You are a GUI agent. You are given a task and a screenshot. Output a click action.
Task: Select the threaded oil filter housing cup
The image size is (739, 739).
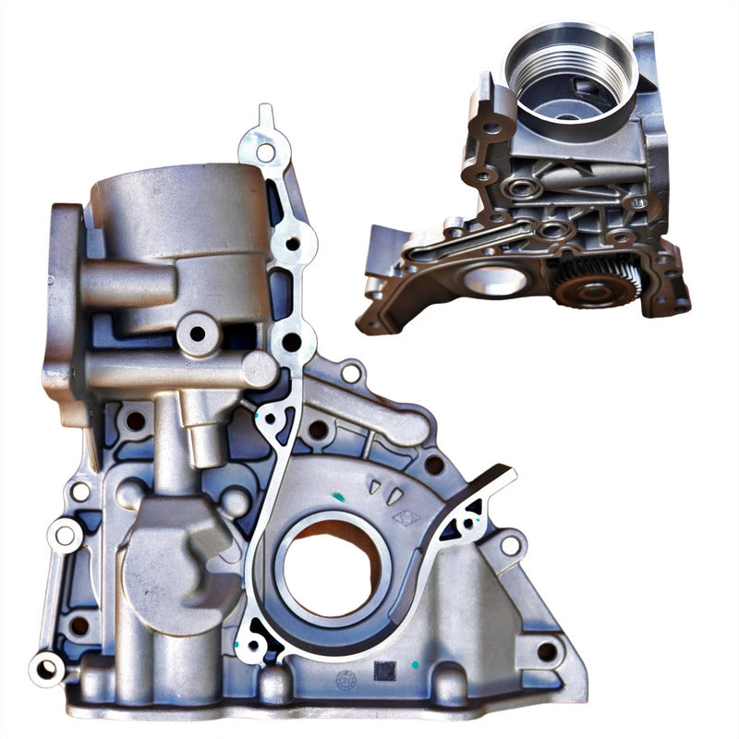coord(568,74)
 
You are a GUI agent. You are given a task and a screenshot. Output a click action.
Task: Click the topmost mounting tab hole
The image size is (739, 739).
coord(266,151)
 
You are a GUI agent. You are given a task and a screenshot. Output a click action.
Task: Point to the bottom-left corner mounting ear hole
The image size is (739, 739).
coord(45,667)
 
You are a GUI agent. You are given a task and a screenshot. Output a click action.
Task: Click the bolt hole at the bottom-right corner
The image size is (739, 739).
coord(547,650)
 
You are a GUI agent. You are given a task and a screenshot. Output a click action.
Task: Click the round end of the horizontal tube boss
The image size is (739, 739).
coord(259,369)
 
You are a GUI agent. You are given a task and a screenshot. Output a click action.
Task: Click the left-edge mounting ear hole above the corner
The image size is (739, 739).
coord(65,534)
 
